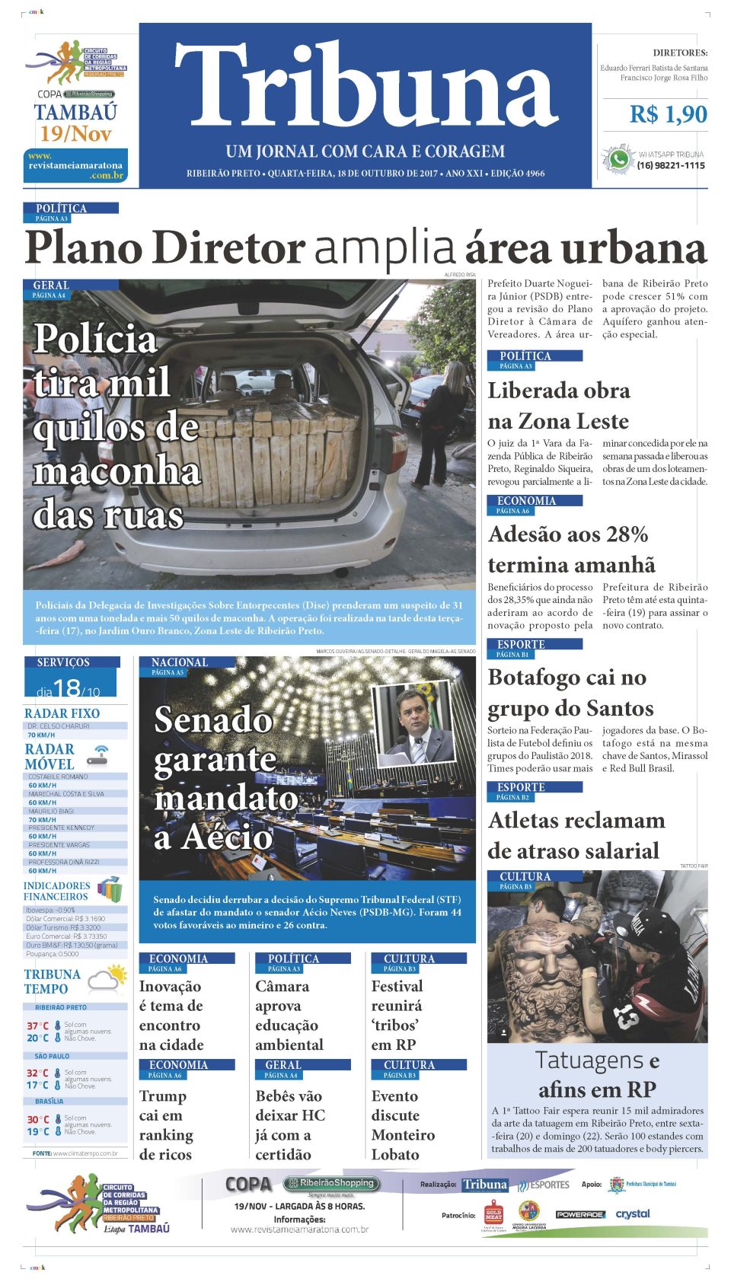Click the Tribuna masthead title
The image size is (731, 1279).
pos(365,85)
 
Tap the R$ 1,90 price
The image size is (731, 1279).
pos(668,114)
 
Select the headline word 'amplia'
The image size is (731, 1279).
pos(385,248)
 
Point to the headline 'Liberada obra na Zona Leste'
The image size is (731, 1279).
pos(558,406)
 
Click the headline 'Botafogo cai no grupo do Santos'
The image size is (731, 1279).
pos(570,693)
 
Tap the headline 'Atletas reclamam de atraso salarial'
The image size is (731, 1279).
pos(576,835)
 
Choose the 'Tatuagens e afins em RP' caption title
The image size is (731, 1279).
pos(597,1074)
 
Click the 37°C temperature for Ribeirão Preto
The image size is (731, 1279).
pos(38,1025)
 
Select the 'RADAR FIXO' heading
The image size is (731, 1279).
pos(62,713)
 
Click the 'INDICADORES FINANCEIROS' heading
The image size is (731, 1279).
pos(56,891)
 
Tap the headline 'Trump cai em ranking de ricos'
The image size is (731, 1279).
pos(166,1124)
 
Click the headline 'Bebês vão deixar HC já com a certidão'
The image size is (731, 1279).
pos(289,1124)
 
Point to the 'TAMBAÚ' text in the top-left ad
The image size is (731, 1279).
pos(75,113)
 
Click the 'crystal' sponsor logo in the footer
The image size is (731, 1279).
pos(633,1214)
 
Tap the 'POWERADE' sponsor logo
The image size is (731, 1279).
pos(580,1214)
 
